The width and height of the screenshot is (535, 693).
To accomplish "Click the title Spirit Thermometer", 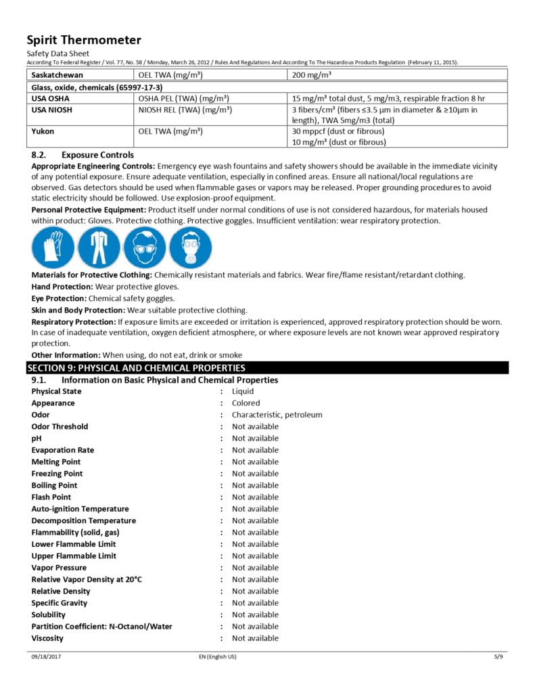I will pyautogui.click(x=84, y=40).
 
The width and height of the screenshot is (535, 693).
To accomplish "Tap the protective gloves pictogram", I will pyautogui.click(x=53, y=247).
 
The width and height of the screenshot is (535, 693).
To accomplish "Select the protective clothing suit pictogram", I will pyautogui.click(x=99, y=247).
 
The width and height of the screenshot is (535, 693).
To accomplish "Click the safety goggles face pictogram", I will pyautogui.click(x=144, y=247).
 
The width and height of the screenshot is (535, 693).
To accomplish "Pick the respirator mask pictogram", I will pyautogui.click(x=189, y=247).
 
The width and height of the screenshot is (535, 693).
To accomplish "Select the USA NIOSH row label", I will pyautogui.click(x=52, y=110).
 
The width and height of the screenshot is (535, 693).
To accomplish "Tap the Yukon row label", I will pyautogui.click(x=43, y=131).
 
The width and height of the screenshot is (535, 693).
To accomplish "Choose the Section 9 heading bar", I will pyautogui.click(x=267, y=368).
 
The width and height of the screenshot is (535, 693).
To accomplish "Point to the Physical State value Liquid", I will pyautogui.click(x=243, y=391).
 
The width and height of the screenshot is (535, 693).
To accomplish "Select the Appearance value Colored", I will pyautogui.click(x=246, y=403).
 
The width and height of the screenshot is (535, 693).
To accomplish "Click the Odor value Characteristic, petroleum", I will pyautogui.click(x=277, y=415).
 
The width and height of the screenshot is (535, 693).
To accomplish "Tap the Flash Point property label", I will pyautogui.click(x=51, y=497).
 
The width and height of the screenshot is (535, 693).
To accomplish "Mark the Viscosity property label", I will pyautogui.click(x=47, y=638).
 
